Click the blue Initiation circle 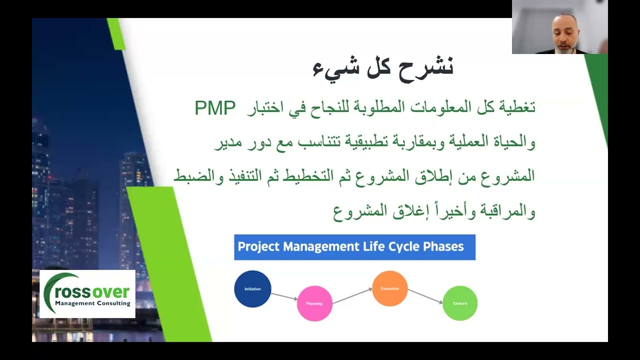point(252,289)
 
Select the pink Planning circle point(314,303)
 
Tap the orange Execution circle point(389,288)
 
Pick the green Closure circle point(460,303)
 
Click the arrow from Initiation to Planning point(284,296)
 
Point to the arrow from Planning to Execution point(352,296)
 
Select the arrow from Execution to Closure point(425,295)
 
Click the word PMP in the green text point(214,107)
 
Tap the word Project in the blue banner point(259,246)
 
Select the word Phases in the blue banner point(443,246)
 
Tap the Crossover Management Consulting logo point(87,294)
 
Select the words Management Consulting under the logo point(92,303)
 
